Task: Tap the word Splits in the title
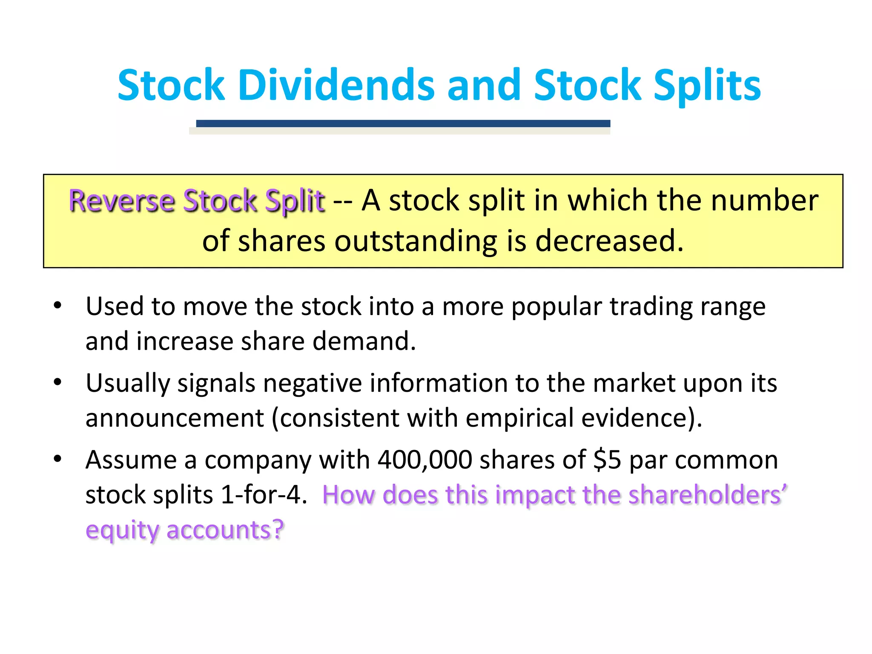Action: click(x=707, y=86)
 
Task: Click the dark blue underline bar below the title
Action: click(x=403, y=123)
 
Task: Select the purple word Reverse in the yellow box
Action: click(x=122, y=201)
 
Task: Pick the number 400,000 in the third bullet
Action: click(x=425, y=460)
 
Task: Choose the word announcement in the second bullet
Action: click(x=175, y=418)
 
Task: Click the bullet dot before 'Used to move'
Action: click(x=58, y=305)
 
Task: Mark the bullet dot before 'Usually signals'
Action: click(x=58, y=382)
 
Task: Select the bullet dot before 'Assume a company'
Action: click(x=58, y=459)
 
